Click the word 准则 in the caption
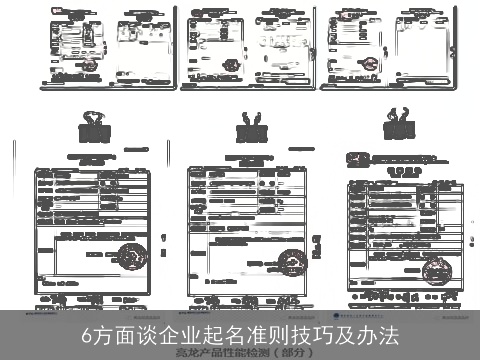(x=286, y=333)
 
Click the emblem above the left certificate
(x=95, y=131)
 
